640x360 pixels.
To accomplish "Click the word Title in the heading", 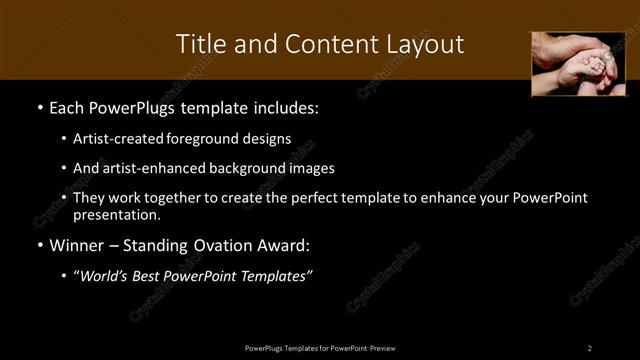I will coord(200,44).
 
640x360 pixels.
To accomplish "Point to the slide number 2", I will coord(589,347).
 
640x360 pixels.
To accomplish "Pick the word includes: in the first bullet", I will coord(283,107).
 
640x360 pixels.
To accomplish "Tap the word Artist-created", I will coord(119,138).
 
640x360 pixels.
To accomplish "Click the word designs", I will coord(266,138).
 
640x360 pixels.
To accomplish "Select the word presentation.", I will coord(116,214).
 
